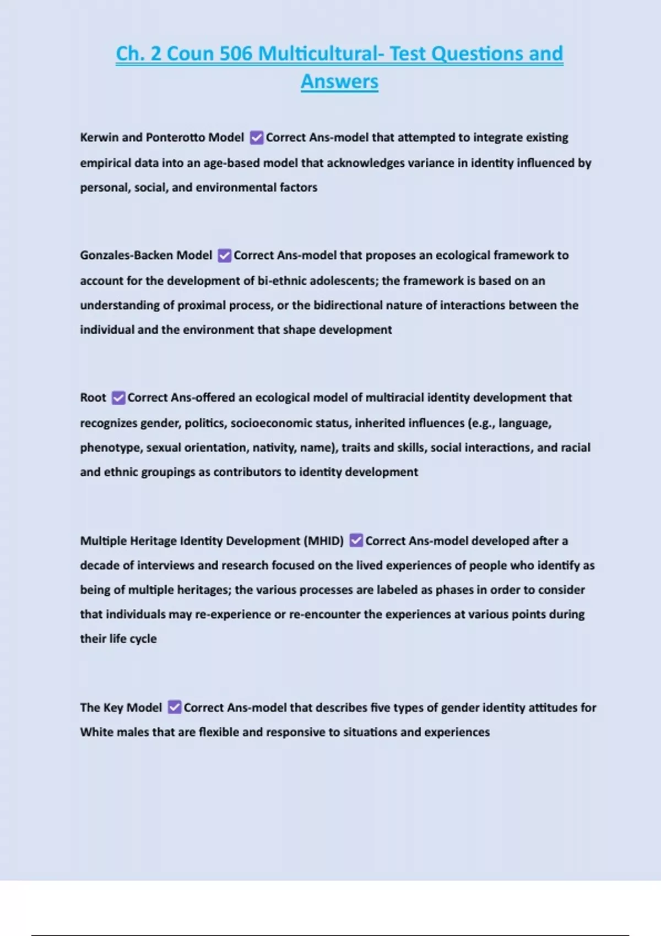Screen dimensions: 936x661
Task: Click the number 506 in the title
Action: click(x=235, y=54)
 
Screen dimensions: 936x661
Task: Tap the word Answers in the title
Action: click(x=339, y=81)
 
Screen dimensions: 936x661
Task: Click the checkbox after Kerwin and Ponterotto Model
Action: click(x=257, y=138)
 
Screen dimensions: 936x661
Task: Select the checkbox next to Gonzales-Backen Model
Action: click(x=224, y=255)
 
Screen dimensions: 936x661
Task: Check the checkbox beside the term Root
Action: click(x=118, y=398)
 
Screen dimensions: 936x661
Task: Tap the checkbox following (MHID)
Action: click(x=356, y=541)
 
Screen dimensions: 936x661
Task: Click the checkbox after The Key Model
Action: click(x=175, y=708)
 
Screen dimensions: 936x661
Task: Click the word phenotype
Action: click(x=110, y=448)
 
